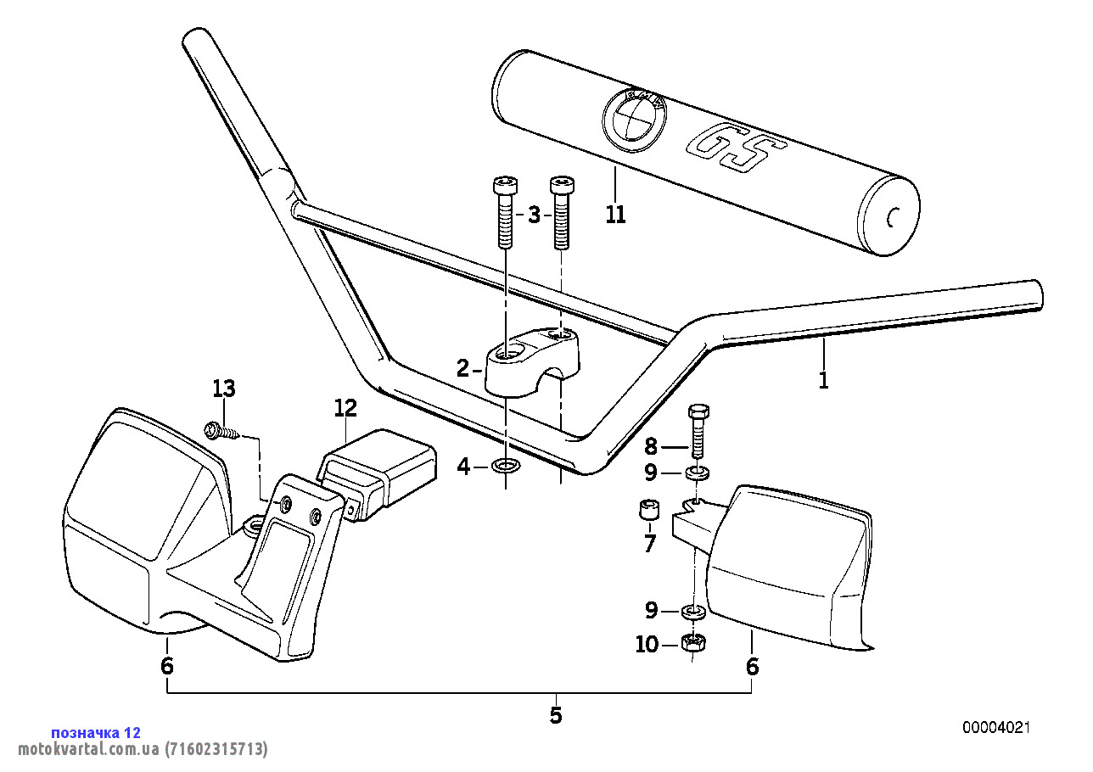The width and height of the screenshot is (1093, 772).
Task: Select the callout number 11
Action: (x=616, y=215)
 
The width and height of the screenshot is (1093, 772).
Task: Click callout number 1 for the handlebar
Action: (x=823, y=379)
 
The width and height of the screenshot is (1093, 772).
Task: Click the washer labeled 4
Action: (x=507, y=466)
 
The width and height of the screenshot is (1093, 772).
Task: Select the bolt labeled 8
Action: (x=698, y=431)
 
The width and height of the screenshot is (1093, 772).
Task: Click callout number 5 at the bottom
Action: (x=556, y=715)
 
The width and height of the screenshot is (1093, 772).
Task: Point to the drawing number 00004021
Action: (x=996, y=728)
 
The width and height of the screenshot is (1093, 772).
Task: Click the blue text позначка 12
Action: (x=96, y=733)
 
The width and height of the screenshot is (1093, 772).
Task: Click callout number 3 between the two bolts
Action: (x=534, y=215)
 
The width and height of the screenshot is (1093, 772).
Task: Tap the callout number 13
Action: (x=224, y=389)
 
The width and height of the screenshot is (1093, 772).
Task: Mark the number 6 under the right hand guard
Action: (x=752, y=667)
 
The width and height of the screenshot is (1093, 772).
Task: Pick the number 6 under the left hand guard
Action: (x=167, y=667)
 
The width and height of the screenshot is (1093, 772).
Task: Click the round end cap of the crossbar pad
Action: (x=890, y=219)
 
